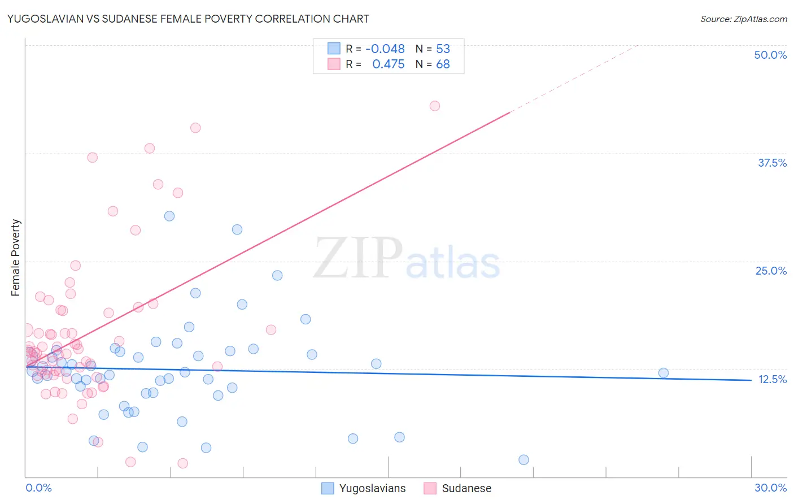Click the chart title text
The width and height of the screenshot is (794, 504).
[x=188, y=19]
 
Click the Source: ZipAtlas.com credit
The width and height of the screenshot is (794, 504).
[x=743, y=19]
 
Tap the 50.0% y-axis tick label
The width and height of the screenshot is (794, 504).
[x=770, y=55]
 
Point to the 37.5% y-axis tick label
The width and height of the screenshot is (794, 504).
[x=772, y=163]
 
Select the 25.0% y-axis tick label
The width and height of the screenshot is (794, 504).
[x=771, y=271]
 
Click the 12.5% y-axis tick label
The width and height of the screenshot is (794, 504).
[x=772, y=379]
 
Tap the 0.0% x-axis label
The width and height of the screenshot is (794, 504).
[x=38, y=488]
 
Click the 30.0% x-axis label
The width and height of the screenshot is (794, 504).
[x=770, y=488]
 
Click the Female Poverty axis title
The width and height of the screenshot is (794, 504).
[x=16, y=258]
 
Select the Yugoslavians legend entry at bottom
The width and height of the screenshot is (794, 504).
[x=364, y=488]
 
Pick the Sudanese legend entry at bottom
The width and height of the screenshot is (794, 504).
[x=458, y=488]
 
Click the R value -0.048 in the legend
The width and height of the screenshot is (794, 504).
[x=385, y=49]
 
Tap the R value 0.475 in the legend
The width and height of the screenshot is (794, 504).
[x=389, y=64]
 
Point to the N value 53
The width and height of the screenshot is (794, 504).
[x=443, y=49]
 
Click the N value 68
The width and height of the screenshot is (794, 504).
[x=443, y=64]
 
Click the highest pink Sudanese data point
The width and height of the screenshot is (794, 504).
[x=434, y=106]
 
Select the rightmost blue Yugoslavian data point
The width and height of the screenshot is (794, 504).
[x=664, y=373]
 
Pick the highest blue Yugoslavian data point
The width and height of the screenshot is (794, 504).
[x=169, y=216]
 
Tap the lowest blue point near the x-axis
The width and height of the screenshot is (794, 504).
[x=523, y=460]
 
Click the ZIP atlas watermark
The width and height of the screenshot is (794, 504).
[x=407, y=258]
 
